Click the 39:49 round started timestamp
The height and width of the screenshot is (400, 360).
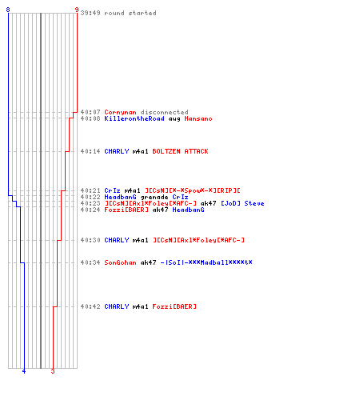(x=90, y=13)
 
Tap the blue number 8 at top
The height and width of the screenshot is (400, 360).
(x=8, y=10)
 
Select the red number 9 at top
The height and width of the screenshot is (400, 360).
(x=77, y=10)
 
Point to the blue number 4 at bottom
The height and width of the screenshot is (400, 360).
(x=24, y=371)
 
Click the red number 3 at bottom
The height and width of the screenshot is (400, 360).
(x=53, y=371)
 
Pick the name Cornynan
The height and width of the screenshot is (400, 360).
(x=120, y=112)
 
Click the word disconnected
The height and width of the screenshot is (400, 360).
(x=164, y=112)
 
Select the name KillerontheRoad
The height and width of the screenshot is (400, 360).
(x=134, y=118)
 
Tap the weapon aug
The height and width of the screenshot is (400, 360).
(x=174, y=119)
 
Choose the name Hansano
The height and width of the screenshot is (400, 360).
(x=198, y=118)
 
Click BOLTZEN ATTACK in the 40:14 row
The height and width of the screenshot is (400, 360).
(x=180, y=151)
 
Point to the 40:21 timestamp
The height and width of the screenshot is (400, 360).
(x=90, y=190)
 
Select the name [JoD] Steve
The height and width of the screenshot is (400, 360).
(x=242, y=203)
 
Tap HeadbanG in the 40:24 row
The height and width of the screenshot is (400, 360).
(x=188, y=210)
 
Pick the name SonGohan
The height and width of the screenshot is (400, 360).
(x=120, y=262)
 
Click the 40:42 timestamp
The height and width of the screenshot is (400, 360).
(x=90, y=306)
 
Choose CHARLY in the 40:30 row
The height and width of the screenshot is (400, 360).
(x=116, y=240)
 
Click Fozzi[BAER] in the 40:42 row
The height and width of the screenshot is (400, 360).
(x=174, y=306)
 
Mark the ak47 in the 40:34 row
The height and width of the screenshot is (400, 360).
(x=148, y=262)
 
